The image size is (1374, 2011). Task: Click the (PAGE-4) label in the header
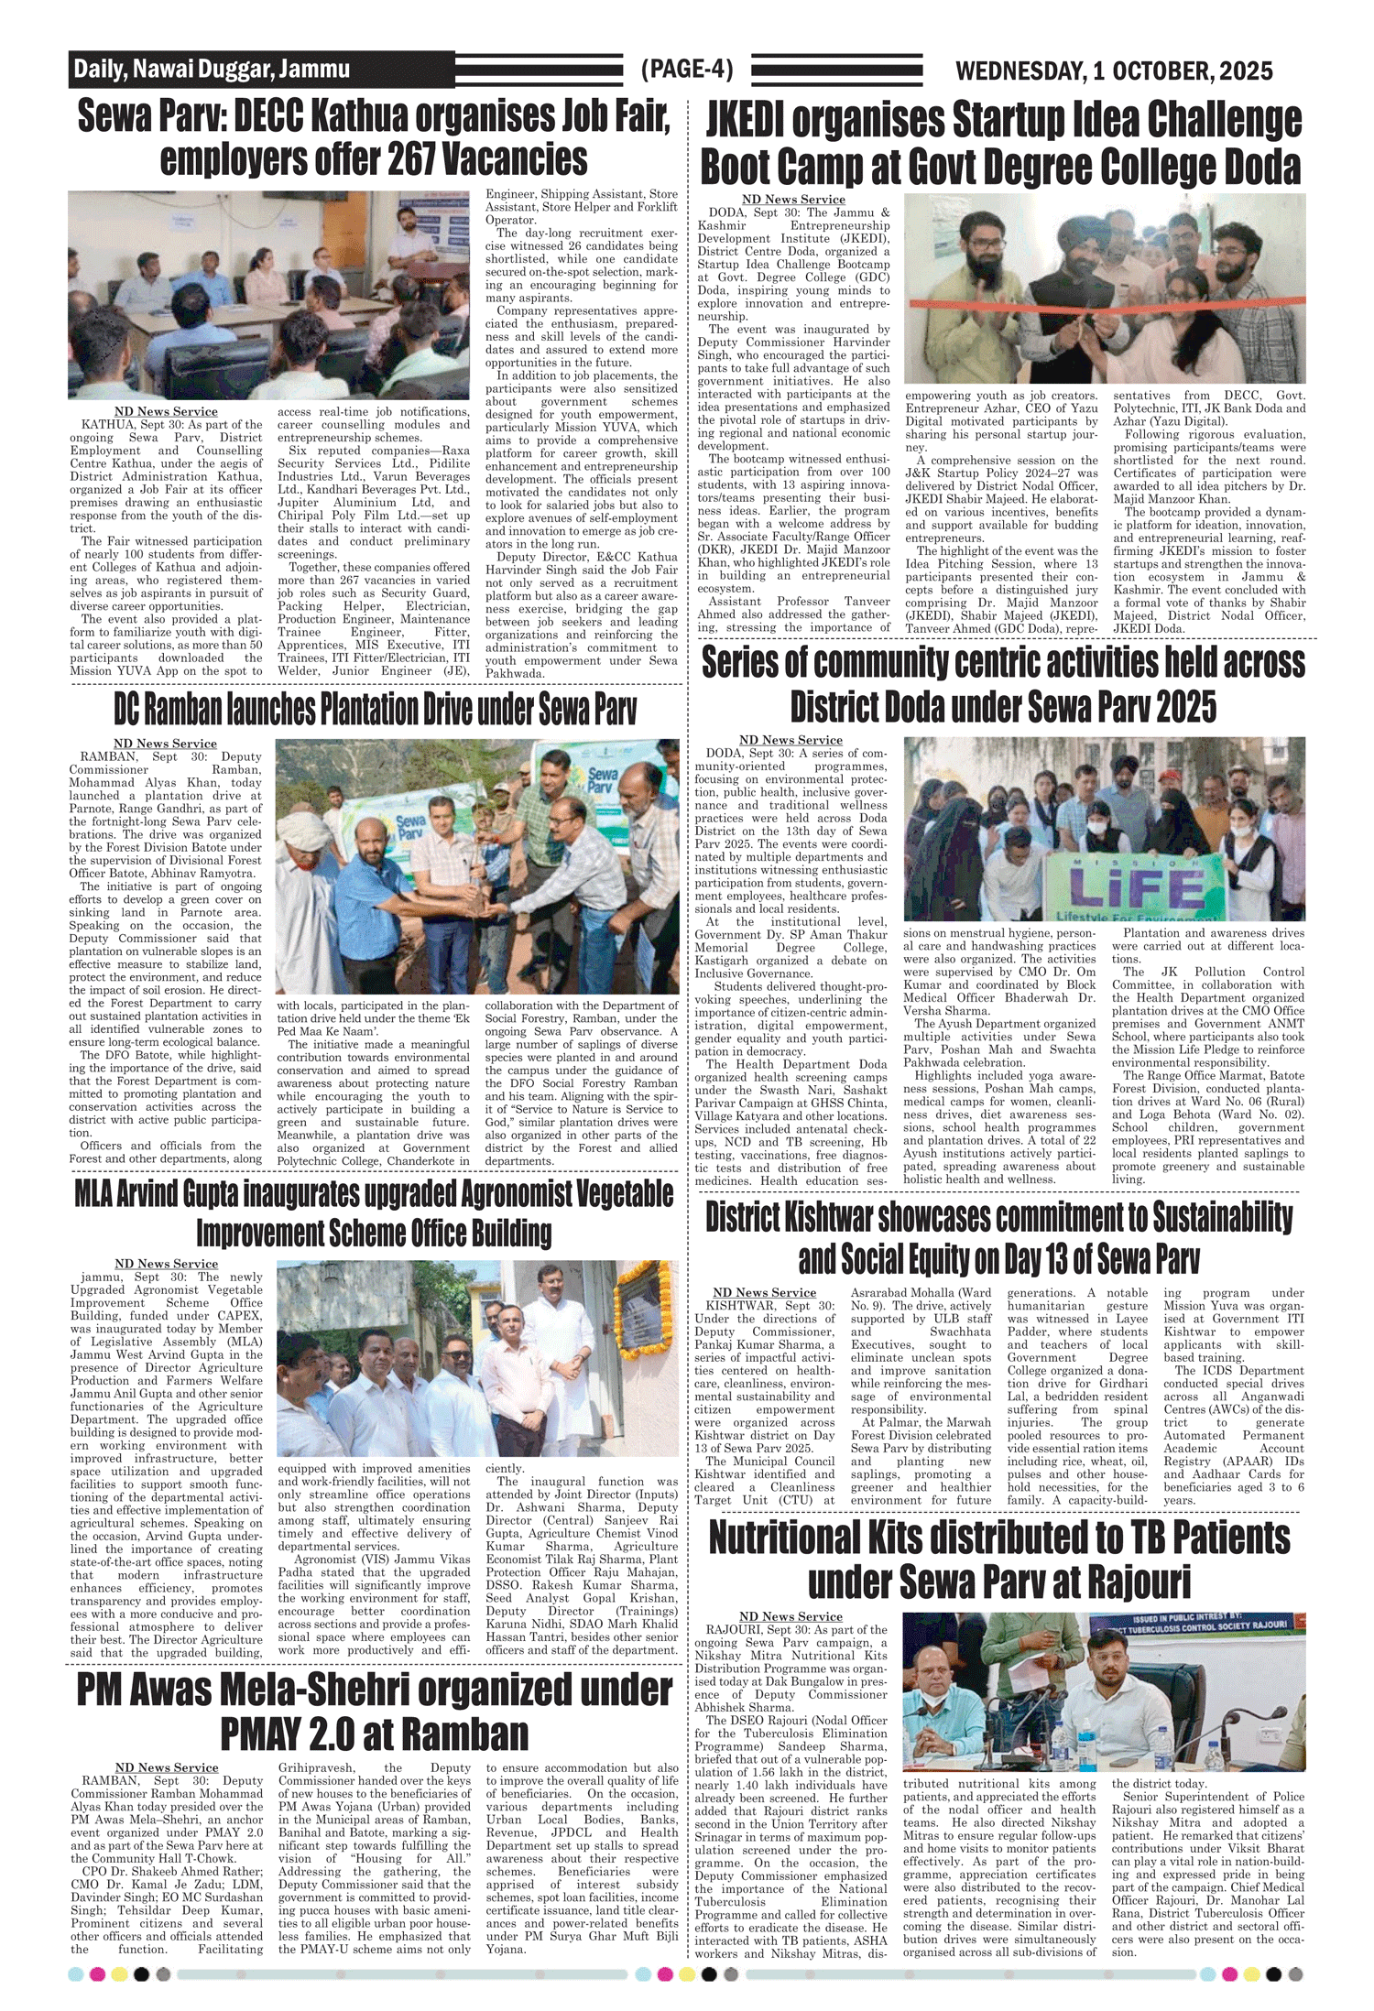point(687,70)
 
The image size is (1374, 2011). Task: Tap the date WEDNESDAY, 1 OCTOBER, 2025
point(1113,71)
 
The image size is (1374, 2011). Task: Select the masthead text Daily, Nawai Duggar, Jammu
point(212,70)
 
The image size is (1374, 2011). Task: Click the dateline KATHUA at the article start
point(107,425)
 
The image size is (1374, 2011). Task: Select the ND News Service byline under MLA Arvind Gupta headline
point(166,1264)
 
